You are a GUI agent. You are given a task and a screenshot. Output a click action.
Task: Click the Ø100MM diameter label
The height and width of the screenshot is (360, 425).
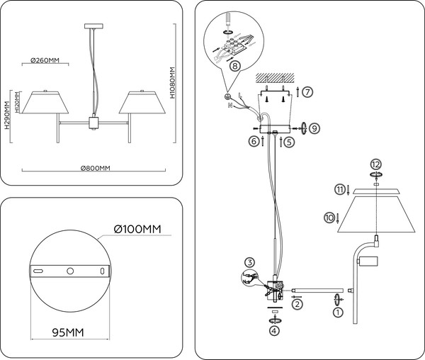click(x=137, y=228)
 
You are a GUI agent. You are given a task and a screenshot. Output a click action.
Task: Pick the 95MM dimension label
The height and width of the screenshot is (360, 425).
click(x=69, y=332)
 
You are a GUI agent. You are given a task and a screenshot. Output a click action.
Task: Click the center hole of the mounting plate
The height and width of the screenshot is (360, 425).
click(x=70, y=271)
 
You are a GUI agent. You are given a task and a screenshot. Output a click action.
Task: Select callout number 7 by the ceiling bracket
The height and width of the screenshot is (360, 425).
click(x=307, y=91)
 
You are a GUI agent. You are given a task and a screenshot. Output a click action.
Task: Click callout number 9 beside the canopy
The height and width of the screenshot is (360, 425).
click(x=314, y=128)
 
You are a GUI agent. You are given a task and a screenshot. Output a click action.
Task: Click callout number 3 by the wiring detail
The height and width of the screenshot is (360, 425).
click(x=250, y=262)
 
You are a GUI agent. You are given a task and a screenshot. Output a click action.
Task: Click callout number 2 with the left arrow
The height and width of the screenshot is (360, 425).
click(x=297, y=303)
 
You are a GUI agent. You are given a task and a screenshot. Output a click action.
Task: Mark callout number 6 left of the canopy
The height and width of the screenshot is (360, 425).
click(x=252, y=141)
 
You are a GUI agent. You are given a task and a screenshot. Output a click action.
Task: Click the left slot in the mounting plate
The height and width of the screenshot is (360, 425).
click(x=40, y=271)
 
